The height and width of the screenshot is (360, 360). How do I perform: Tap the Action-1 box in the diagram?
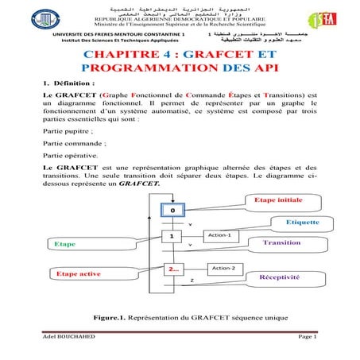point(218,235)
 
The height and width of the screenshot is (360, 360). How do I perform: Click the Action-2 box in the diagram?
point(224,268)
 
